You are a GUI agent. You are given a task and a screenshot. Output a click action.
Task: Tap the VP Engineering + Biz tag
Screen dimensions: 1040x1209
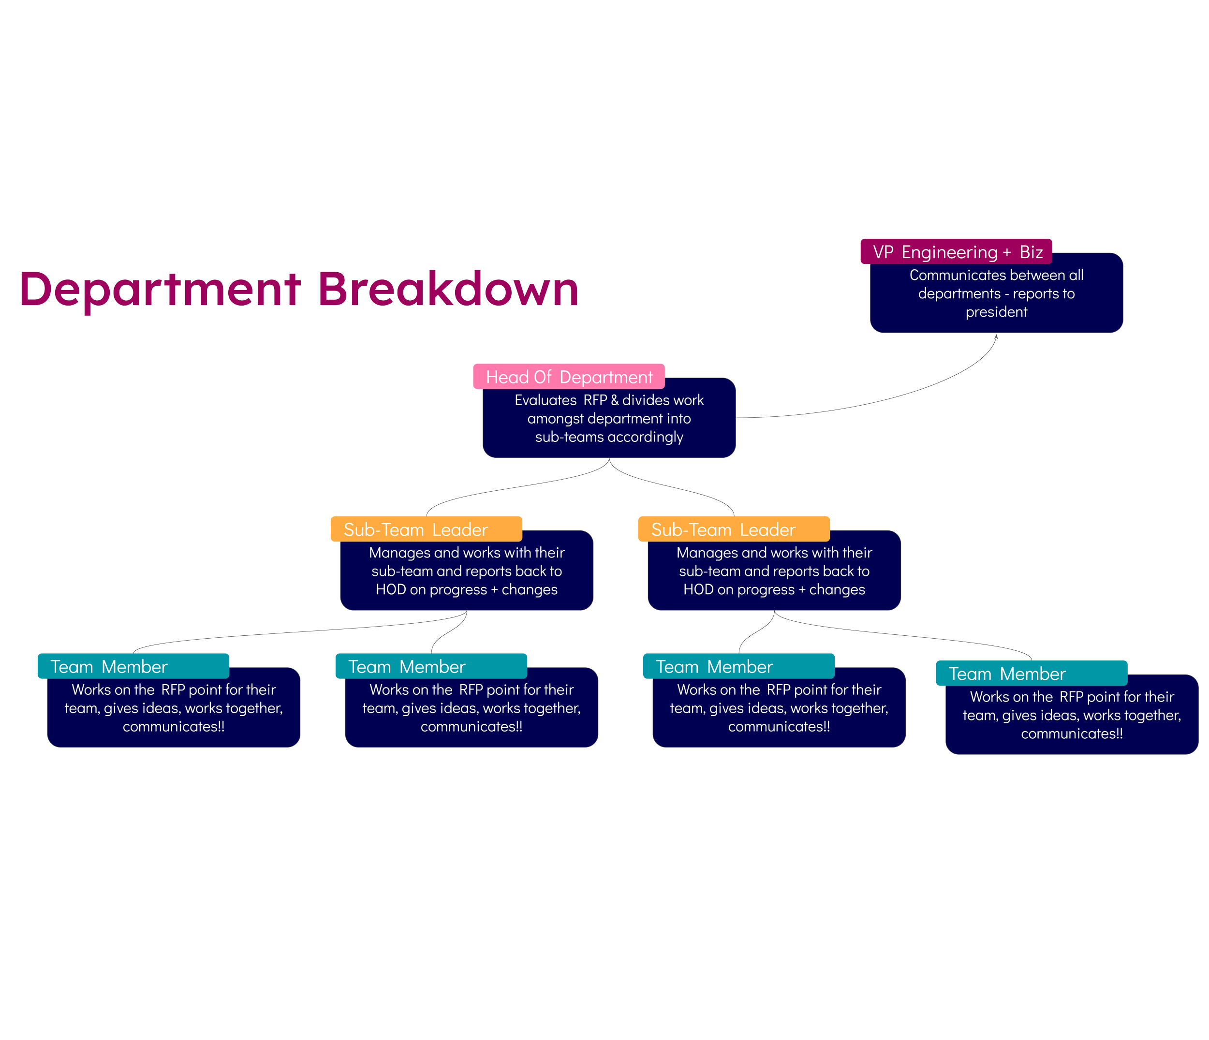(956, 252)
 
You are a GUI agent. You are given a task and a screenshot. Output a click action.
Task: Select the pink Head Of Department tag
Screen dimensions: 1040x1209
(569, 377)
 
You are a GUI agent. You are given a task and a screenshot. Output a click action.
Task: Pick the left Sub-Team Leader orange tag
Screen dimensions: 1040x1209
(426, 529)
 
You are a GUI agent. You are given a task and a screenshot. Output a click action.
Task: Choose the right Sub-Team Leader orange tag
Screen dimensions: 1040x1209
(734, 529)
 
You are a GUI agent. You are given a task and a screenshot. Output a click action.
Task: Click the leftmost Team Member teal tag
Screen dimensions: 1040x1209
(133, 666)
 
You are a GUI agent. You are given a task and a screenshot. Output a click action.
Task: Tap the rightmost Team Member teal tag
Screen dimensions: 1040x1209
(1031, 673)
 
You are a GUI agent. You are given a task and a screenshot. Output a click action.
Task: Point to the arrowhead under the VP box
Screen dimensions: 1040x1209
(997, 337)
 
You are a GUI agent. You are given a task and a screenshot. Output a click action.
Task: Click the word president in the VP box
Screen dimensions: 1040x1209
(996, 312)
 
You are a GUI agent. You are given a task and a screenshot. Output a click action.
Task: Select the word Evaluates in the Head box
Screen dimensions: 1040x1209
(545, 400)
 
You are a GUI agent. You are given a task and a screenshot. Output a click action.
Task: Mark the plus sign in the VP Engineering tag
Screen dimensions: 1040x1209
(1006, 252)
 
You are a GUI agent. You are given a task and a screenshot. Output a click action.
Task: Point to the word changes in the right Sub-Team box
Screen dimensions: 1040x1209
(837, 590)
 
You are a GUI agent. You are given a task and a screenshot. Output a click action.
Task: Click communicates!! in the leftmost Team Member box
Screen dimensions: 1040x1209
(173, 727)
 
